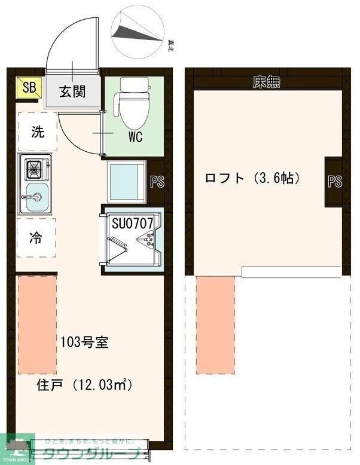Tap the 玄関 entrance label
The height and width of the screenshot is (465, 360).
[72, 91]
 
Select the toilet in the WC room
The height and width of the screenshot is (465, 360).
[133, 103]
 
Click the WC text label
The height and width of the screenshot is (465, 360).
[135, 137]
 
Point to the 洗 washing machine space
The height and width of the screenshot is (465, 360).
[37, 133]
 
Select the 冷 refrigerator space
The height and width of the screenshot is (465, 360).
[36, 237]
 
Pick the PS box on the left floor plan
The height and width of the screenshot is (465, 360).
[157, 182]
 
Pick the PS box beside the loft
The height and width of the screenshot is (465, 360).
[335, 182]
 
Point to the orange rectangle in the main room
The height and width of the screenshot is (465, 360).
[37, 325]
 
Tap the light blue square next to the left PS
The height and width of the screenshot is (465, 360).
[127, 180]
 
